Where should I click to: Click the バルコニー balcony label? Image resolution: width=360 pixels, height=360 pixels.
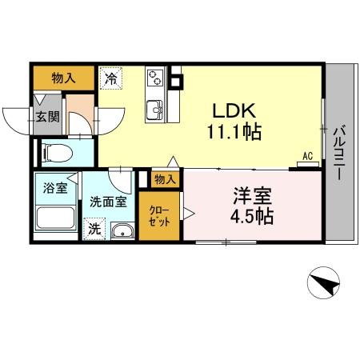coord(338,152)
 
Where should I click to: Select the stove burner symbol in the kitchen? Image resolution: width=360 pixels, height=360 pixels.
coord(154,78)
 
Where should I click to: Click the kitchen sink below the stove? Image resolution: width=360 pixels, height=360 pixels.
coord(154,109)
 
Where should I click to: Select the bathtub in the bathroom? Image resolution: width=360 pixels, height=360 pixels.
coord(56,221)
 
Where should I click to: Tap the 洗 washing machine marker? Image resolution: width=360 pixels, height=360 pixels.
coord(94,228)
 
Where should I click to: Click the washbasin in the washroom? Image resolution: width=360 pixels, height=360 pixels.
coord(122,231)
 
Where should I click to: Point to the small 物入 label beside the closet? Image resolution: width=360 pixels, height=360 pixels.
coord(165,179)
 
